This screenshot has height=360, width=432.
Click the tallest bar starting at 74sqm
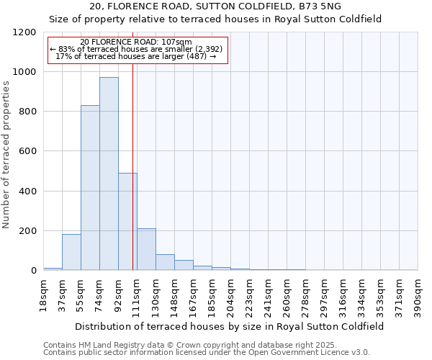point(109,174)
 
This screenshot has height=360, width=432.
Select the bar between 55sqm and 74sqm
point(90,188)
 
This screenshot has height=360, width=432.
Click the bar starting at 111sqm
point(146,249)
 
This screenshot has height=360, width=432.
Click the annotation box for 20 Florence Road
point(138,49)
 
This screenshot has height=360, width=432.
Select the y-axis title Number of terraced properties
point(6,155)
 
